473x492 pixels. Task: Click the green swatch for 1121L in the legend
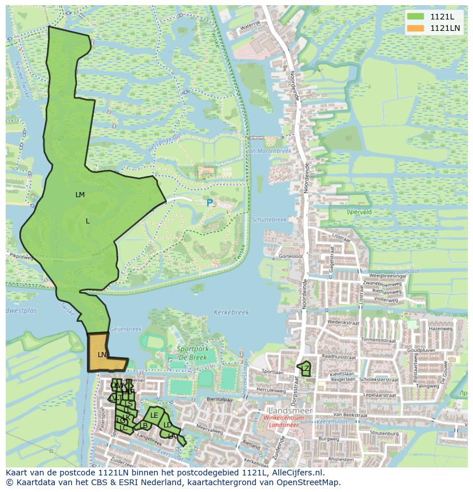[416, 17]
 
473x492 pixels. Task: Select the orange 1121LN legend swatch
[416, 28]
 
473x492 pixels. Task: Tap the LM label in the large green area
[80, 195]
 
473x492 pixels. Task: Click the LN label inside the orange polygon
[102, 355]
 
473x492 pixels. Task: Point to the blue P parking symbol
[210, 203]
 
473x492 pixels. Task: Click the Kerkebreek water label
[231, 313]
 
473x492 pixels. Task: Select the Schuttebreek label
[268, 219]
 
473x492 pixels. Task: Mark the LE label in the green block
[154, 415]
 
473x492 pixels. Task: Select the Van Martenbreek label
[268, 151]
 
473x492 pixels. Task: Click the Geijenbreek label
[125, 329]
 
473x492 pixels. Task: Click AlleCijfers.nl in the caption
[294, 473]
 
